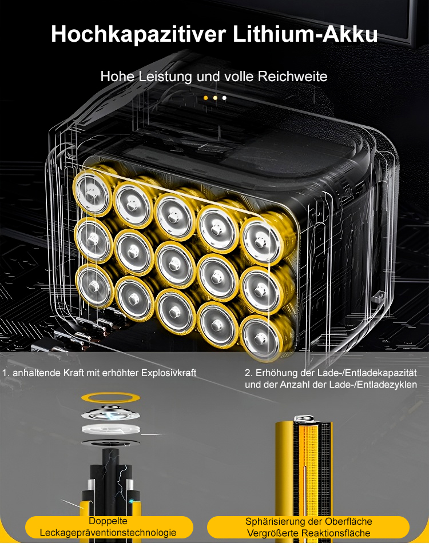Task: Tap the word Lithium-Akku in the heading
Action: click(305, 34)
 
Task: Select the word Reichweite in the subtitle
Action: click(292, 77)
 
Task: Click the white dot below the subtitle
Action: click(224, 98)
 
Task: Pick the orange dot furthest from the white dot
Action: click(205, 98)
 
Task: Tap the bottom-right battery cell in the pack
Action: click(260, 338)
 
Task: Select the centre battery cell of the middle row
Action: click(174, 264)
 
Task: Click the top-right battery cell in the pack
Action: click(260, 241)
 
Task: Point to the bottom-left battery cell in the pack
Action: click(94, 286)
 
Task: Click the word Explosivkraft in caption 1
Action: click(169, 373)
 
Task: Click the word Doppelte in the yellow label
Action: click(108, 521)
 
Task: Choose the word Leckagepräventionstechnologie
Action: click(108, 533)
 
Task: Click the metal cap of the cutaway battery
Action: click(304, 418)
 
